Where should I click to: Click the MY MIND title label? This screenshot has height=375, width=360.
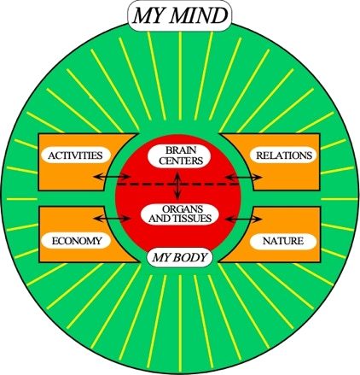pyautogui.click(x=180, y=15)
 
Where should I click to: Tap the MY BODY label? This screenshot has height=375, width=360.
pyautogui.click(x=180, y=257)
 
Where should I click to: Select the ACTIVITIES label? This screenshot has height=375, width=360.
pyautogui.click(x=75, y=155)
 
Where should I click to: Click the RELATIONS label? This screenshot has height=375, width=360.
pyautogui.click(x=284, y=155)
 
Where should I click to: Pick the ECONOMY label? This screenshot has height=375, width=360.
pyautogui.click(x=76, y=241)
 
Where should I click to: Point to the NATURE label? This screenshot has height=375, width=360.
pyautogui.click(x=283, y=241)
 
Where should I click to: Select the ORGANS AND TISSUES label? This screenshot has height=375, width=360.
pyautogui.click(x=180, y=214)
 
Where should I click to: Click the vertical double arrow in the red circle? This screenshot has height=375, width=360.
pyautogui.click(x=177, y=185)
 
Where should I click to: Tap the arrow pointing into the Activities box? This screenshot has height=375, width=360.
pyautogui.click(x=112, y=177)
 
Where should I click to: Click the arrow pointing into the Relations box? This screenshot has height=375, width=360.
pyautogui.click(x=243, y=177)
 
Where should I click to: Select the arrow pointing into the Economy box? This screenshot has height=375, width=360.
pyautogui.click(x=112, y=219)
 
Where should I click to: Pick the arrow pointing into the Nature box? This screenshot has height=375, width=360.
pyautogui.click(x=243, y=219)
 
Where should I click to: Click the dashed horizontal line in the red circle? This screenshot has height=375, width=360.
pyautogui.click(x=177, y=185)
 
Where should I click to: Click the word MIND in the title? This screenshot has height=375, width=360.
pyautogui.click(x=199, y=16)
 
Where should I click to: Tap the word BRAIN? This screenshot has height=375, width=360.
pyautogui.click(x=181, y=150)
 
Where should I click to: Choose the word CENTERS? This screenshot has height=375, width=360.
pyautogui.click(x=181, y=161)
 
